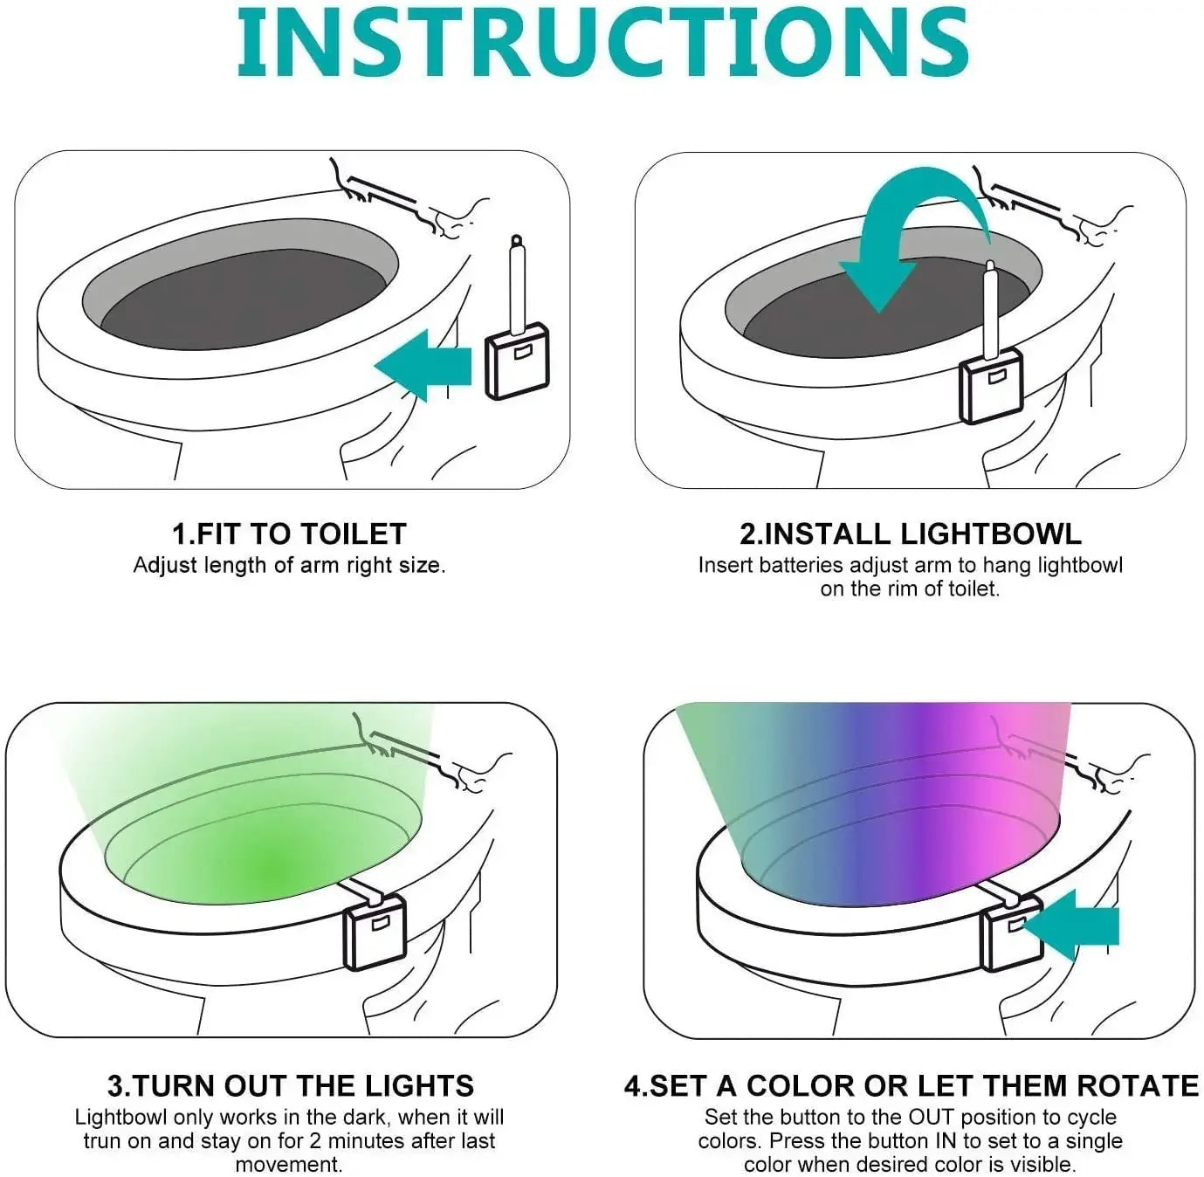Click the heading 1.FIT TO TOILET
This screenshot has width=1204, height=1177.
289,533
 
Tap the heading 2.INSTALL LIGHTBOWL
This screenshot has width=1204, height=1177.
910,533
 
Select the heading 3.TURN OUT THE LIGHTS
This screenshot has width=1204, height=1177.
290,1085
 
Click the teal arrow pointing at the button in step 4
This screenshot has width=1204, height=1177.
1074,926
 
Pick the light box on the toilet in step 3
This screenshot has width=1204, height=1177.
375,933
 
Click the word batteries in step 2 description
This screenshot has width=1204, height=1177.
801,565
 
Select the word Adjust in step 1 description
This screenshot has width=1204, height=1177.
165,565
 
